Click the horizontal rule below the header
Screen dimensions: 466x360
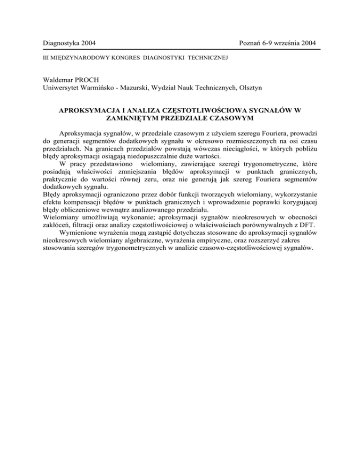tap(180, 49)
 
